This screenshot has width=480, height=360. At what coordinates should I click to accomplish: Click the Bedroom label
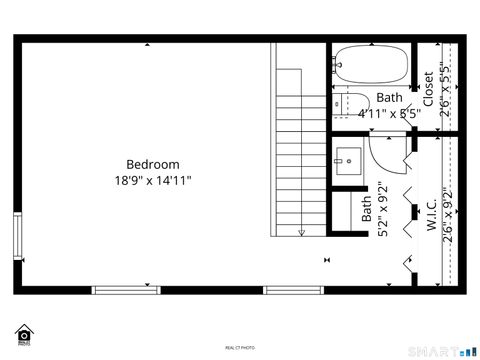coord(152,164)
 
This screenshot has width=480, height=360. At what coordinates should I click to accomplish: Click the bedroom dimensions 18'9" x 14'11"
coord(152,181)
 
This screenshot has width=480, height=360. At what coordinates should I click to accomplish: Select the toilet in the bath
coord(350,101)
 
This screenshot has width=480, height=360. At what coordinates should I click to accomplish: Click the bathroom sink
coord(350,158)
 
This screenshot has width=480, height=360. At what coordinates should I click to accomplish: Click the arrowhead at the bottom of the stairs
coord(300,232)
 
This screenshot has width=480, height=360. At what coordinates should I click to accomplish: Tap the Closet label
coord(428,89)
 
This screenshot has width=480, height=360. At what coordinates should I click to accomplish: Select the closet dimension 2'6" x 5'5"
coord(446,89)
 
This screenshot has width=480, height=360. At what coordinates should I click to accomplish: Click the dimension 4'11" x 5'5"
coord(389,113)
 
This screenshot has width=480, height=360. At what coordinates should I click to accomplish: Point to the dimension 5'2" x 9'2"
coord(382,209)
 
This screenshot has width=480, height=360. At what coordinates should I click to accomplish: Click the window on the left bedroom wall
coord(16,237)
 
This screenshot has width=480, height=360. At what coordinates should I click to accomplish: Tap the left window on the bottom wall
coord(126,290)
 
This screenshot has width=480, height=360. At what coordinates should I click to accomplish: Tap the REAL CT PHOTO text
coord(240,347)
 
